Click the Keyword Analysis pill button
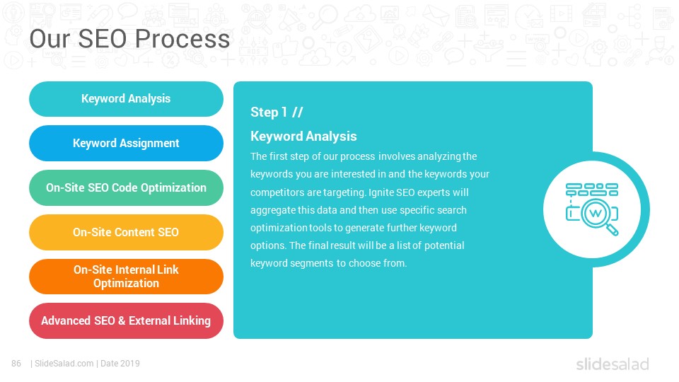[x=126, y=99]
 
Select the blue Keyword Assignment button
[x=126, y=144]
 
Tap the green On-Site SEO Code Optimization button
[x=126, y=188]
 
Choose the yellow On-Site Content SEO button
[x=126, y=232]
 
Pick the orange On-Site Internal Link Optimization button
[x=126, y=277]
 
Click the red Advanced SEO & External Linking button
[x=126, y=321]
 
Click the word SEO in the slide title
[x=105, y=38]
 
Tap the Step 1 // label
[x=277, y=112]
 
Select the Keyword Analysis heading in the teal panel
[x=303, y=137]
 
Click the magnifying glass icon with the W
[x=593, y=209]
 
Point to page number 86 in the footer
[x=16, y=364]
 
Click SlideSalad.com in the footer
[x=64, y=364]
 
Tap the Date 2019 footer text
[x=120, y=364]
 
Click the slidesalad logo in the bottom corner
[x=613, y=364]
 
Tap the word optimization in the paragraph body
[x=279, y=228]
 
